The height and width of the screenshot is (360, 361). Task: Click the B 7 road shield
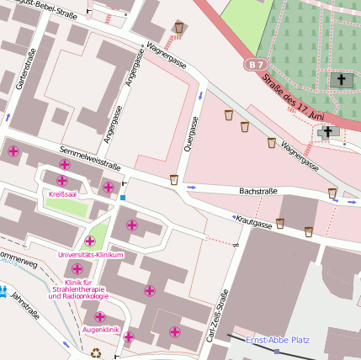coord(256,64)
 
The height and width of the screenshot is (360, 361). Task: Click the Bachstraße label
coord(258,192)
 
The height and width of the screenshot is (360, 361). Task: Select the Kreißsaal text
coord(63,193)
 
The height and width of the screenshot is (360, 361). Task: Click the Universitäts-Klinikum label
coord(91,255)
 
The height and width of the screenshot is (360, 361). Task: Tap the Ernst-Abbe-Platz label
coord(278,340)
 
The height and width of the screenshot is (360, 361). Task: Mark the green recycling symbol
coord(95,353)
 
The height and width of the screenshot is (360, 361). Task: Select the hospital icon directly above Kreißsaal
coord(62,180)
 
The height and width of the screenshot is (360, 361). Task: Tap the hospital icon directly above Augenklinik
coord(100,317)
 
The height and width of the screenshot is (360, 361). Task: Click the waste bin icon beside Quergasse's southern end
coord(174,179)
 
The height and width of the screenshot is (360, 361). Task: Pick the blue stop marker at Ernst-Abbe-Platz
coord(277,351)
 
